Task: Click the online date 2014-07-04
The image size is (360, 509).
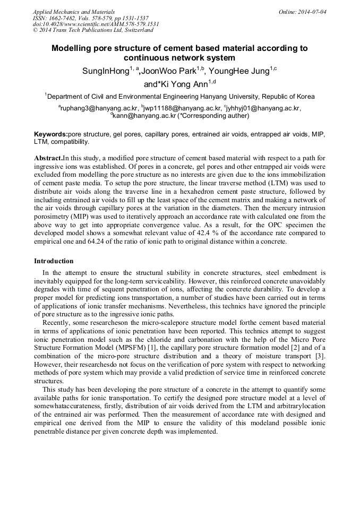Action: tap(310, 11)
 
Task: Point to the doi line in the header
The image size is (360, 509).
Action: tap(96, 24)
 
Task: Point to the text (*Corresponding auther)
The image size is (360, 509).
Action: tap(214, 115)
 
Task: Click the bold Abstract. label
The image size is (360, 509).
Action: tap(48, 158)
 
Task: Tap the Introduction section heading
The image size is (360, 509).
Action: tap(54, 261)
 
